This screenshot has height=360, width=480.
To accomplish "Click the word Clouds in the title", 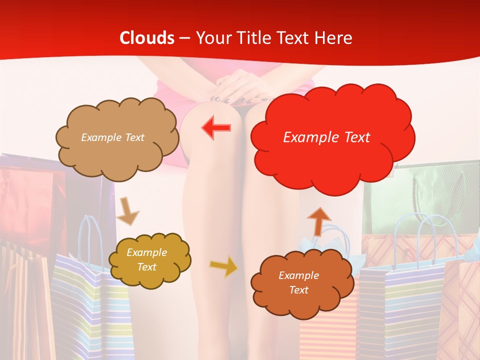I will (147, 38).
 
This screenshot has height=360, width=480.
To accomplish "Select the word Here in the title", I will (334, 38).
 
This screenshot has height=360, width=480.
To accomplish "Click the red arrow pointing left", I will (216, 127).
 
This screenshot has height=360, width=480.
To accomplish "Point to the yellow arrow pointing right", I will (223, 266).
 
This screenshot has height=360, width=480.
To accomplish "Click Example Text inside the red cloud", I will (326, 137).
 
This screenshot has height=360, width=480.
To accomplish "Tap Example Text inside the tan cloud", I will (112, 137).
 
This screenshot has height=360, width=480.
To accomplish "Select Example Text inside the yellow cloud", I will (147, 259).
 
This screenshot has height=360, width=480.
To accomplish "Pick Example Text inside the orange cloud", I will (298, 282).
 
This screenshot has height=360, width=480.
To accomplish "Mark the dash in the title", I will (184, 38).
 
